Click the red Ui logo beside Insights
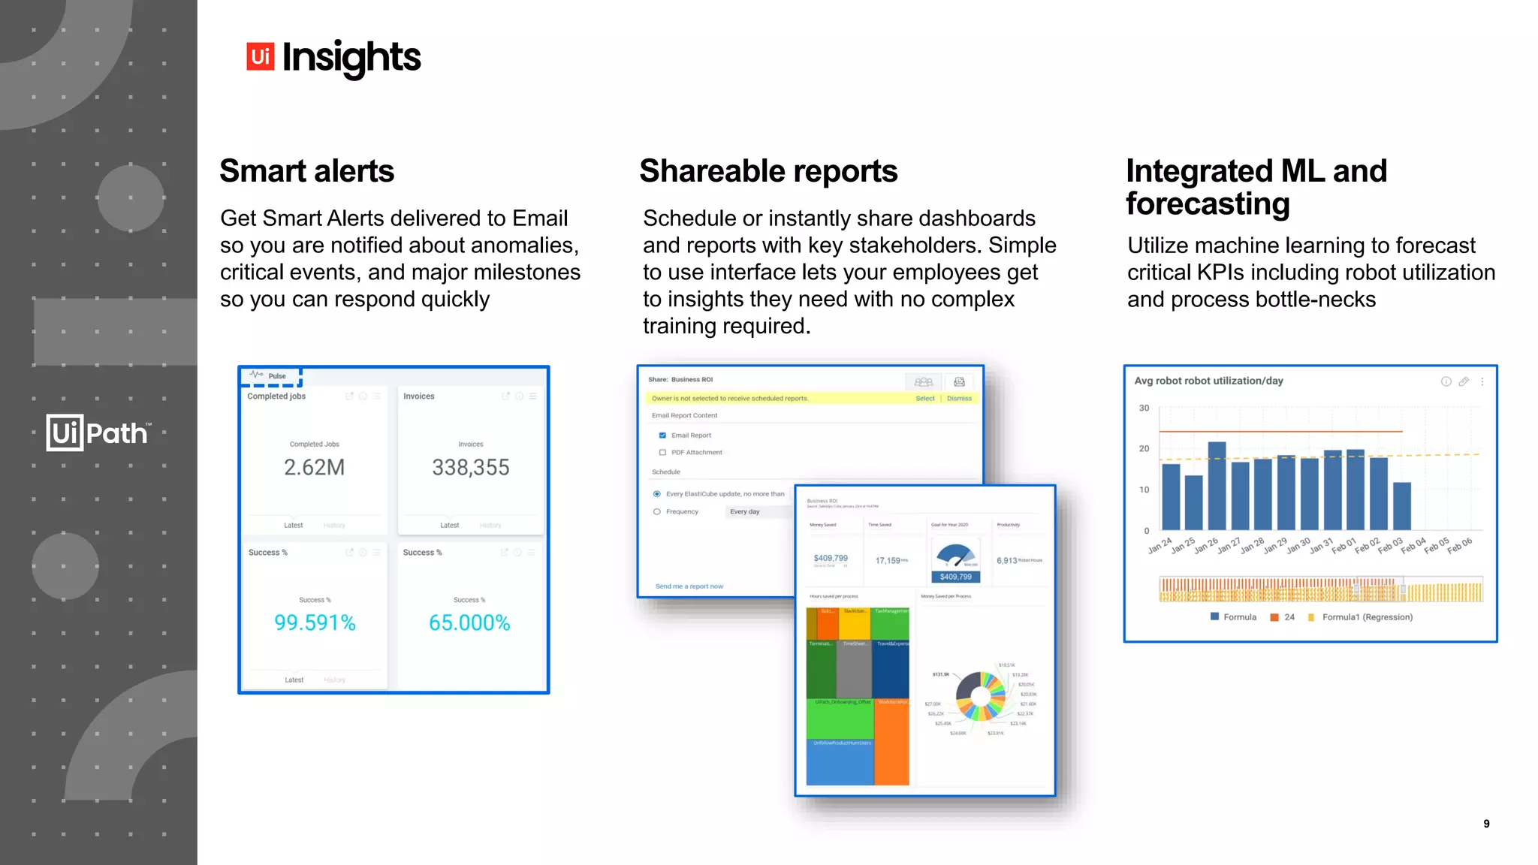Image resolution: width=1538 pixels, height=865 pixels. coord(260,56)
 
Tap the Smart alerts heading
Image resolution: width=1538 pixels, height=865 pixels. coord(306,171)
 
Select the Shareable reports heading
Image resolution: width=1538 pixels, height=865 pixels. coord(768,171)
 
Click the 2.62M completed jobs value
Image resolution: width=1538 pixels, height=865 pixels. coord(314,467)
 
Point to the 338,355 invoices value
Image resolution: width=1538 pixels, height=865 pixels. coord(470,467)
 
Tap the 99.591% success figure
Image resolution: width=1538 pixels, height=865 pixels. coord(315,622)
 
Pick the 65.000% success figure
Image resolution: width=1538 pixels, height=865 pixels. coord(469,622)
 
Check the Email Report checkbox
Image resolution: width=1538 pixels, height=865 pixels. coord(662,436)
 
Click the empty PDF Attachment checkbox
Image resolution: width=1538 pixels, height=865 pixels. coord(662,453)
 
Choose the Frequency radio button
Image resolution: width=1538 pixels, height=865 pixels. coord(657,512)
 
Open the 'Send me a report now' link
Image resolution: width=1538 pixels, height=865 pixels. coord(689,586)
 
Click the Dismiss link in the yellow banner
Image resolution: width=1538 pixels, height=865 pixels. coord(959,399)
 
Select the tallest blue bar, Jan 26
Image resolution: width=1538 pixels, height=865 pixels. coord(1217,486)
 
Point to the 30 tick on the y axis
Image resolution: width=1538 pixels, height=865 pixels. coord(1144,408)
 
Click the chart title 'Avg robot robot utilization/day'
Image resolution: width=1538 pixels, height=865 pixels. coord(1208,381)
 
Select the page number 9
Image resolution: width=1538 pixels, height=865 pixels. coord(1486,824)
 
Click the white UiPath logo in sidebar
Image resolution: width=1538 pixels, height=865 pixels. coord(98,432)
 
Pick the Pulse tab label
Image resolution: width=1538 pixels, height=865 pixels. coord(276,376)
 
